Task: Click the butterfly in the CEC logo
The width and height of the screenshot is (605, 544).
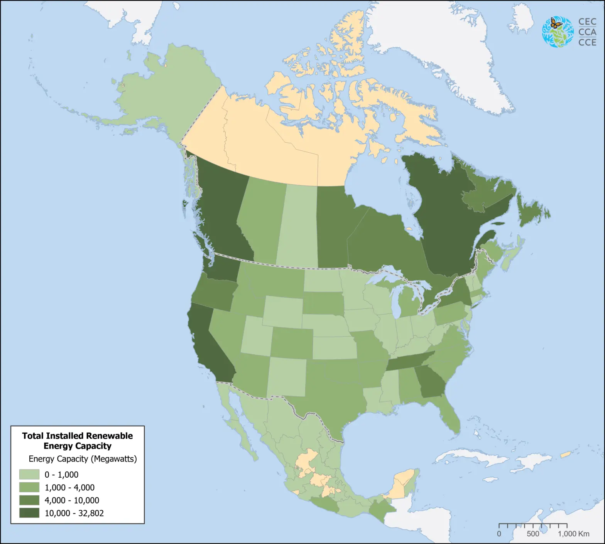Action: pyautogui.click(x=556, y=24)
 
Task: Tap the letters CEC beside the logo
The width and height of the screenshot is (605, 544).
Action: pyautogui.click(x=587, y=22)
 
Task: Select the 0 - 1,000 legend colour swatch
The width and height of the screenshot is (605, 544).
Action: pyautogui.click(x=29, y=474)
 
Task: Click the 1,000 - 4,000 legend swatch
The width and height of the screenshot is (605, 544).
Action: pyautogui.click(x=29, y=487)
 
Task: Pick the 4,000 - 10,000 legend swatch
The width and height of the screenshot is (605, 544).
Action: pyautogui.click(x=29, y=500)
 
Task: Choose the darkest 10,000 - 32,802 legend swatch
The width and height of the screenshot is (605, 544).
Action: pyautogui.click(x=29, y=513)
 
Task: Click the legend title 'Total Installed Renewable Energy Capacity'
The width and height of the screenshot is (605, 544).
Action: pyautogui.click(x=77, y=441)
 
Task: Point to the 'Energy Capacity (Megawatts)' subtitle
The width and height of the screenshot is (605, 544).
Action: pyautogui.click(x=83, y=459)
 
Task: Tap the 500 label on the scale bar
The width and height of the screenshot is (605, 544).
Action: pyautogui.click(x=533, y=534)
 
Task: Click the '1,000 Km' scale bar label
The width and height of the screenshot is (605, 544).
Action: pyautogui.click(x=573, y=534)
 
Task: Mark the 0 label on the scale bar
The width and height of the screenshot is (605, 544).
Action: pyautogui.click(x=499, y=534)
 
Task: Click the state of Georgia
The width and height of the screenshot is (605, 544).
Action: pyautogui.click(x=430, y=382)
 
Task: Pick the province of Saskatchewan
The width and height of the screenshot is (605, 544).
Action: pyautogui.click(x=297, y=227)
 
